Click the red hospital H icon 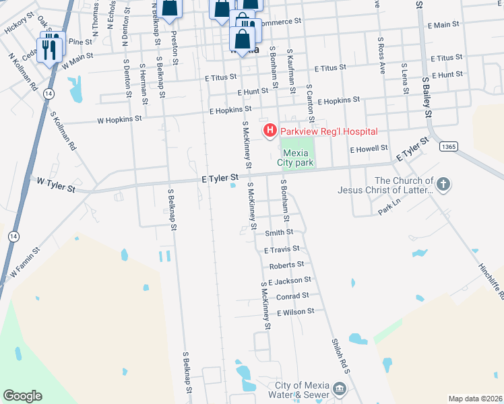pyautogui.click(x=270, y=130)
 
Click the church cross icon pyautogui.click(x=443, y=184)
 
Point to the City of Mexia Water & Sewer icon pyautogui.click(x=340, y=389)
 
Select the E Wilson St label pyautogui.click(x=296, y=312)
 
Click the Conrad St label pyautogui.click(x=292, y=295)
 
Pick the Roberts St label pyautogui.click(x=286, y=265)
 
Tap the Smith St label pyautogui.click(x=278, y=233)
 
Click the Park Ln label pyautogui.click(x=389, y=211)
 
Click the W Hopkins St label pyautogui.click(x=120, y=119)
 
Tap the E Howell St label pyautogui.click(x=370, y=147)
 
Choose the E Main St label pyautogui.click(x=443, y=25)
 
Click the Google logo pyautogui.click(x=22, y=396)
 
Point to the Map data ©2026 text pyautogui.click(x=474, y=399)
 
